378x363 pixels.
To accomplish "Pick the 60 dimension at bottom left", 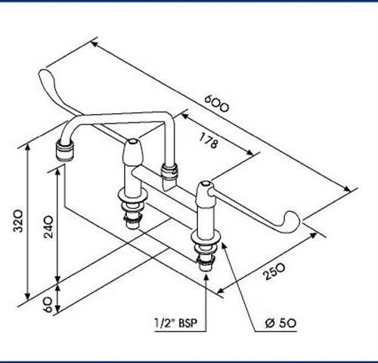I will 48,303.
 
